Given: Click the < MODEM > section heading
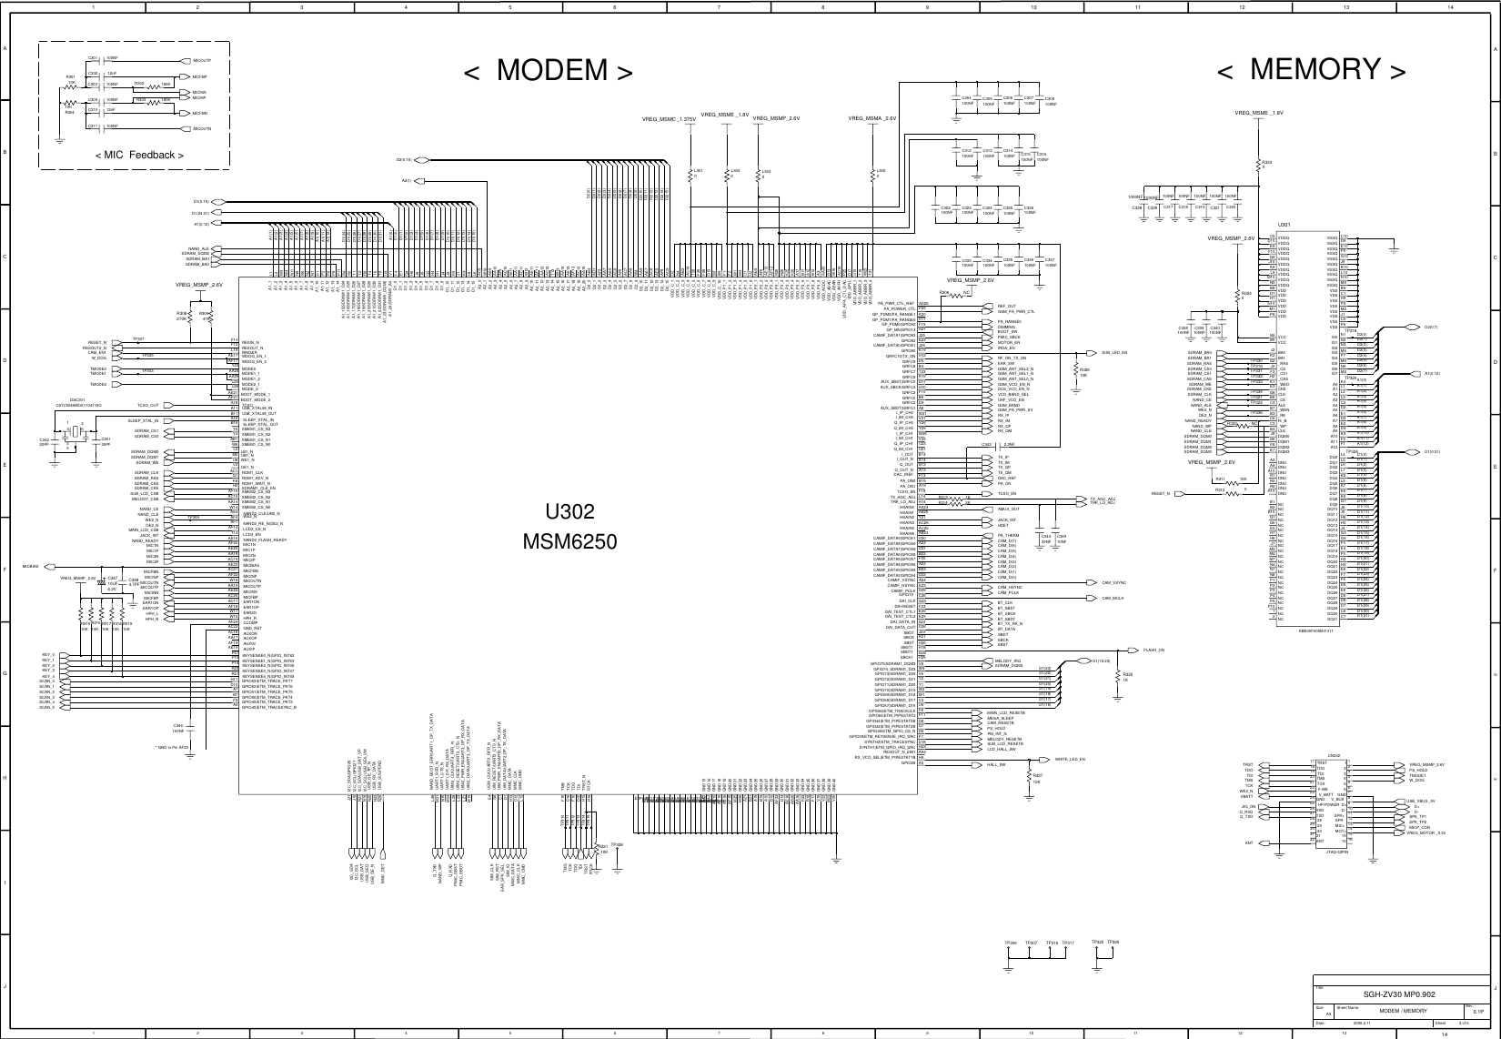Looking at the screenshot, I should coord(548,70).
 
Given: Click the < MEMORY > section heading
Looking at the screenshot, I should coord(1312,69).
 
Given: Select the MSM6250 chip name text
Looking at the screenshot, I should coord(569,543).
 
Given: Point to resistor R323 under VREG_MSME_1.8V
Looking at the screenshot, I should coord(1266,162).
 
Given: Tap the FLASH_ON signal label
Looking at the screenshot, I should coord(1153,651).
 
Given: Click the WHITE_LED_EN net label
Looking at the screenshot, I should coord(1069,758).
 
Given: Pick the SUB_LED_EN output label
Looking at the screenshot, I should coord(1114,353).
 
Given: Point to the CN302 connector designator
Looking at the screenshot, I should coord(1334,755).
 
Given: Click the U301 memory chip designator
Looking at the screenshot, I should coord(1284,224).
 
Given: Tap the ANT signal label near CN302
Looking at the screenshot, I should coord(1249,842).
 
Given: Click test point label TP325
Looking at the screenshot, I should coord(1098,943).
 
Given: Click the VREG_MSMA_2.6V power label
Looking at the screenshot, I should coord(872,118).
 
